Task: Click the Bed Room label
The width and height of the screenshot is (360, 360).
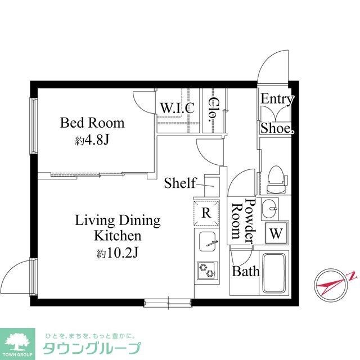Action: click(92, 123)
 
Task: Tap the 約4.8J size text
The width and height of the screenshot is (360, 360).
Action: click(92, 139)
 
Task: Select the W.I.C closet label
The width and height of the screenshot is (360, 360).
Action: click(177, 107)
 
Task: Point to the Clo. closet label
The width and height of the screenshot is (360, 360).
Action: click(214, 110)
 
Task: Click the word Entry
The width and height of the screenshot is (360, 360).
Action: click(277, 100)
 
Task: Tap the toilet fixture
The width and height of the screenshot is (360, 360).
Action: click(276, 177)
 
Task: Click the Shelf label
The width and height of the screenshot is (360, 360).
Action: click(180, 183)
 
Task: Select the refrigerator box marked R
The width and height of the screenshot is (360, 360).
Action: click(206, 213)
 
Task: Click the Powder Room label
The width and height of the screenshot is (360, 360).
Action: click(243, 221)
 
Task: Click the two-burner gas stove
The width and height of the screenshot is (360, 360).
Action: click(206, 271)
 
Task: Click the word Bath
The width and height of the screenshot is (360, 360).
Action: click(246, 272)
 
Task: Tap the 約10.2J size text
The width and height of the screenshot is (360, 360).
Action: click(117, 253)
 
